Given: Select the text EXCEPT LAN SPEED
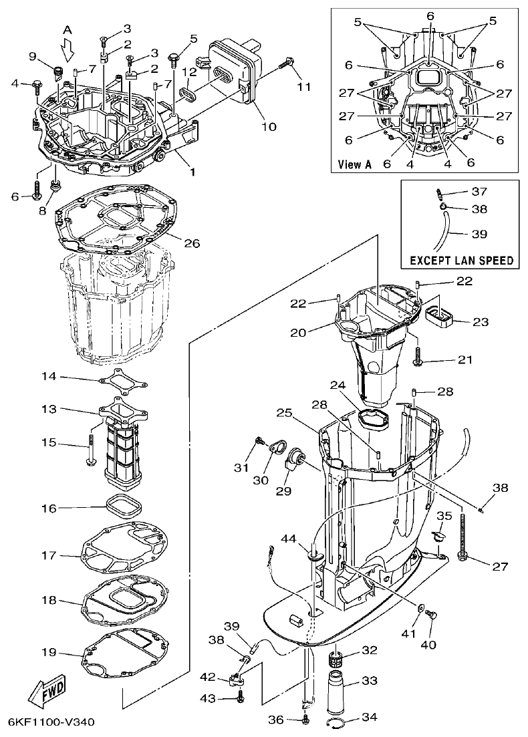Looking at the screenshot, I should (x=462, y=260).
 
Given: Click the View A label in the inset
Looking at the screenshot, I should (x=354, y=164).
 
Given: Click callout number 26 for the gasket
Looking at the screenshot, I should (x=191, y=243).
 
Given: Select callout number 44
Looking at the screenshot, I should (x=288, y=539).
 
